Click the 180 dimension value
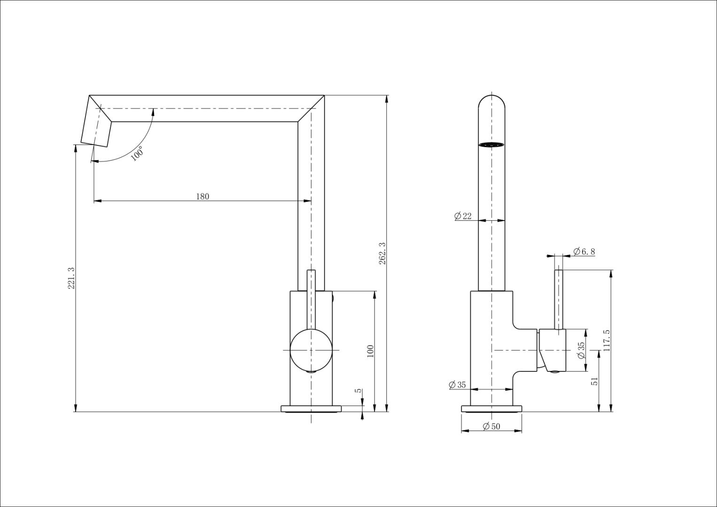click(202, 197)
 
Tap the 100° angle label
click(137, 154)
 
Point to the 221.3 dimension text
click(71, 278)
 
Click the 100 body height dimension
click(370, 352)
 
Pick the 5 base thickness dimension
click(358, 391)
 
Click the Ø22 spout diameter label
click(463, 216)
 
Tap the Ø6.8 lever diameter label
click(584, 252)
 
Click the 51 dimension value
click(594, 381)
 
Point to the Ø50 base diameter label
click(491, 426)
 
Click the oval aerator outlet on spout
click(491, 145)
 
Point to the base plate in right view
click(491, 408)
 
